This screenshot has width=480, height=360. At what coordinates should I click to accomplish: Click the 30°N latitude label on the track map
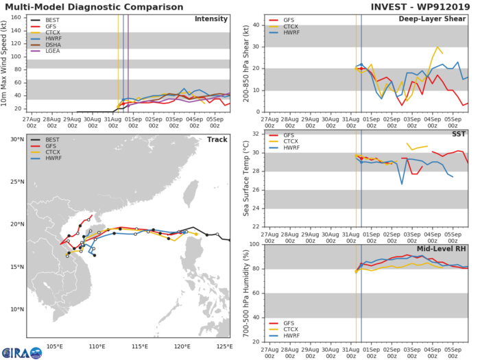(15, 140)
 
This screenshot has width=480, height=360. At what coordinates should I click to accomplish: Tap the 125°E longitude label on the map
(222, 345)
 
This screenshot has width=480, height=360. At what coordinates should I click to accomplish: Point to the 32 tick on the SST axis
(255, 134)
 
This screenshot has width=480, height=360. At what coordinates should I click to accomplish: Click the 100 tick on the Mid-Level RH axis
(253, 244)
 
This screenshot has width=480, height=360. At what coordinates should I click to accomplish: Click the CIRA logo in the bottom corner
(21, 351)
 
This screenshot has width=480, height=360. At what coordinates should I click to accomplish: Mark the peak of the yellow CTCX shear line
(437, 47)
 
